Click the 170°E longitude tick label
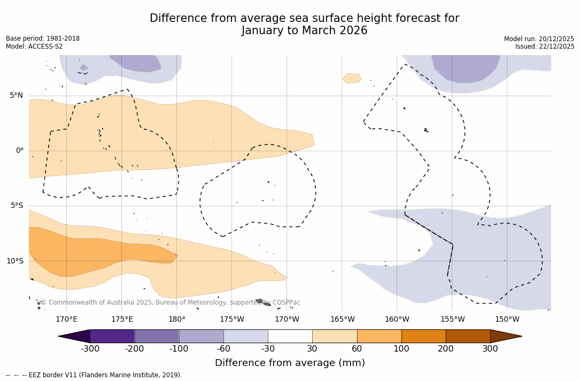66,320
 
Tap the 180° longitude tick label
177,320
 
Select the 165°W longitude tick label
342,320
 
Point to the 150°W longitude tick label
507,320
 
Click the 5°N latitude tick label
16,96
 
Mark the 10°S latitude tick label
14,261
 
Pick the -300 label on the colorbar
90,349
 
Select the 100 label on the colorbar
401,349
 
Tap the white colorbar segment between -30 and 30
290,336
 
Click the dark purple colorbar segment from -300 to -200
112,336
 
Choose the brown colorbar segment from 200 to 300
468,336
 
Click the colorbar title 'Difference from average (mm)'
290,363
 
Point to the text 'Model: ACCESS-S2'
34,46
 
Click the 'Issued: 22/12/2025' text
545,46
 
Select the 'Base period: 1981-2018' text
43,38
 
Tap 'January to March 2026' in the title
304,30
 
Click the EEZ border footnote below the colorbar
94,375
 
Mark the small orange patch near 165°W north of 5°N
352,78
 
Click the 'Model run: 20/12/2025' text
539,39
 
